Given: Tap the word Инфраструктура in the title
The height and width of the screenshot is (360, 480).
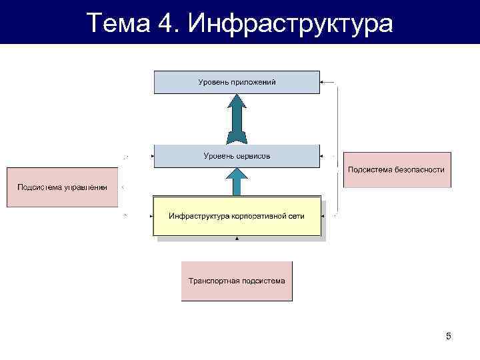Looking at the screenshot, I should click(291, 23).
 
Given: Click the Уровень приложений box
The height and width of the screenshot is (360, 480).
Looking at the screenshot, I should click(237, 82).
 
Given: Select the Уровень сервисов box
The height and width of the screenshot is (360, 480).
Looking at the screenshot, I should click(237, 155).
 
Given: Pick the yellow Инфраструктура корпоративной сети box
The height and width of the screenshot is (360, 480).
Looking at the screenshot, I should click(237, 216).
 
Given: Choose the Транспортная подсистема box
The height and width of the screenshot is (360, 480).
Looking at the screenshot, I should click(237, 281).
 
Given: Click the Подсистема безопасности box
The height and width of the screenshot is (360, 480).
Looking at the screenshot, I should click(397, 170).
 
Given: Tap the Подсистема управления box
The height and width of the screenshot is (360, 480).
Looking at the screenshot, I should click(62, 187).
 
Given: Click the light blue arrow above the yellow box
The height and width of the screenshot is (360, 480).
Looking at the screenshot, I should click(237, 181).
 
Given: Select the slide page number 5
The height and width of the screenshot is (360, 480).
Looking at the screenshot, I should click(449, 336).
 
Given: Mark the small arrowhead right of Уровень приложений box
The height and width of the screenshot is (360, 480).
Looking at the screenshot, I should click(323, 83).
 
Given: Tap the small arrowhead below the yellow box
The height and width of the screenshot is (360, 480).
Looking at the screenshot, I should click(237, 239).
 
